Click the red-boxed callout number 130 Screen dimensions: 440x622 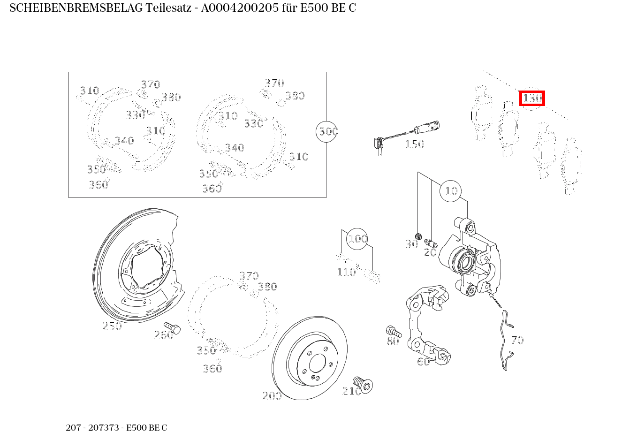click(532, 99)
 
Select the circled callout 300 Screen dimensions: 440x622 click(328, 131)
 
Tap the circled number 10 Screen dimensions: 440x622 click(451, 191)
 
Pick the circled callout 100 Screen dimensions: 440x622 click(357, 239)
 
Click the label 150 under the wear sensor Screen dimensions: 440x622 click(415, 144)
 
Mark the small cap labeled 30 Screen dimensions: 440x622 click(419, 235)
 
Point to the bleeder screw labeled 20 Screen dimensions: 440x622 click(431, 243)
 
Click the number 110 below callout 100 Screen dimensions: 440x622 click(346, 272)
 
